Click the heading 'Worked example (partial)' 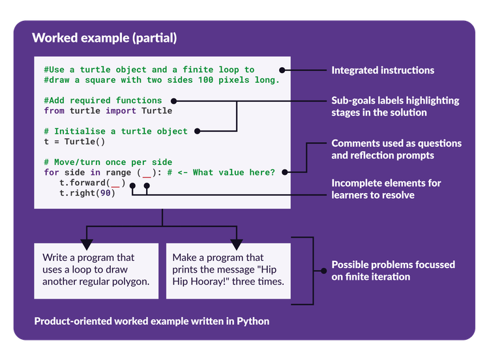[104, 38]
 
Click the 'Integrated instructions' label [383, 70]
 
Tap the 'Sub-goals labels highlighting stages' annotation [395, 106]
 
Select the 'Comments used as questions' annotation [396, 149]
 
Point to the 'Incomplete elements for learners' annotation [386, 188]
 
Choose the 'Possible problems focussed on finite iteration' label [393, 270]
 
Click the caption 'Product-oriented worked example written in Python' [151, 321]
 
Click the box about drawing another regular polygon [96, 270]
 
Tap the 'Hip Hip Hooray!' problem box [228, 270]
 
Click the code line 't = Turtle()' [74, 142]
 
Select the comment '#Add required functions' [103, 100]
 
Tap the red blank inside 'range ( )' [147, 173]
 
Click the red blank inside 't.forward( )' [115, 183]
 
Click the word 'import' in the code [121, 111]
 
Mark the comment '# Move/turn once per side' [108, 162]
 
